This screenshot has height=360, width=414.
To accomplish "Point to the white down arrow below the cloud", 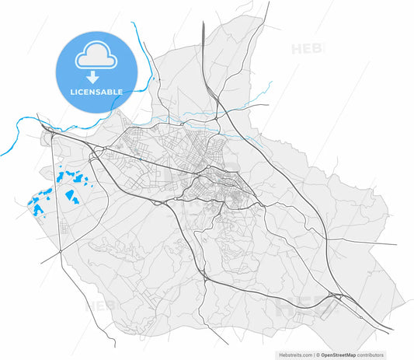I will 92,76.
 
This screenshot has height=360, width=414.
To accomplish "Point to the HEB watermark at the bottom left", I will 99,306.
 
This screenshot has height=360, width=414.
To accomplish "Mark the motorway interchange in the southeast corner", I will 335,295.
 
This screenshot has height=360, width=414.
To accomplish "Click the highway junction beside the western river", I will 49,133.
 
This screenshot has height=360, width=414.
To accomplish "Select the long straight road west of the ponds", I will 56,194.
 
